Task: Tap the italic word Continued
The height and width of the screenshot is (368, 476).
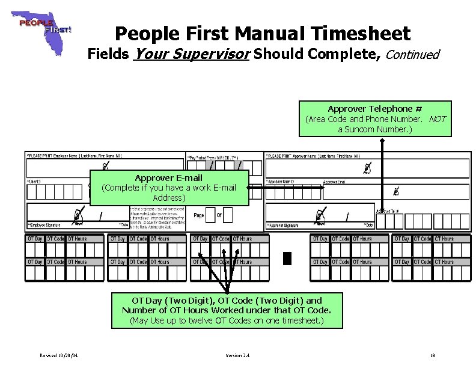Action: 412,55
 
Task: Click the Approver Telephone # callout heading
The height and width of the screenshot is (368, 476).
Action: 374,109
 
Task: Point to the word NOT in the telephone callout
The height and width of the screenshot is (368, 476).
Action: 438,119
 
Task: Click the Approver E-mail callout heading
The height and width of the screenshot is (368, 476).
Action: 168,178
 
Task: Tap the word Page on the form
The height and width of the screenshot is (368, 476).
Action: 199,215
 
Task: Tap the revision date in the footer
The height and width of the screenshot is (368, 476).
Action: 59,355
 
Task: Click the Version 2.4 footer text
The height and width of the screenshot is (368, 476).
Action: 237,355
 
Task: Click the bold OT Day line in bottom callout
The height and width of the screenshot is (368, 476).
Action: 227,300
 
